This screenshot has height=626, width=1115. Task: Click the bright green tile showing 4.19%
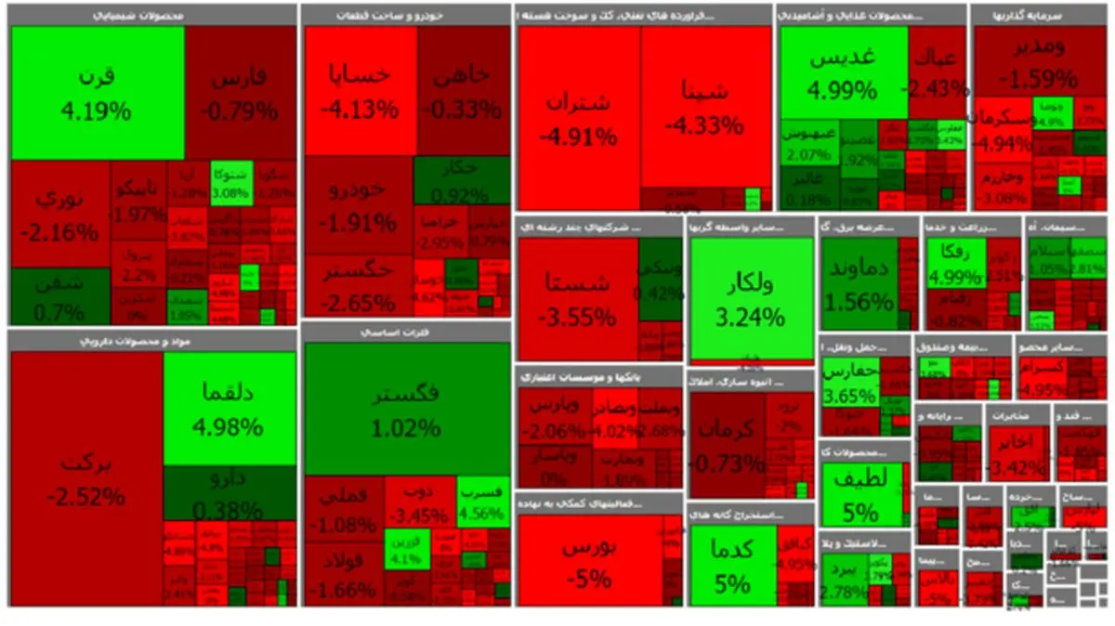click(97, 93)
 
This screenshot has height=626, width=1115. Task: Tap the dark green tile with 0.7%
click(59, 297)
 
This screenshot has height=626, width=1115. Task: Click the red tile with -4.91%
click(578, 119)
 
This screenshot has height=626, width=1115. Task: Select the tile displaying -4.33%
click(704, 107)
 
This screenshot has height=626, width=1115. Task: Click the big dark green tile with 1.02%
click(406, 409)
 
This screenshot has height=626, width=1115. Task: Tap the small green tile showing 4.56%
click(483, 502)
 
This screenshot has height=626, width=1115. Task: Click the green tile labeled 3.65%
click(849, 383)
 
